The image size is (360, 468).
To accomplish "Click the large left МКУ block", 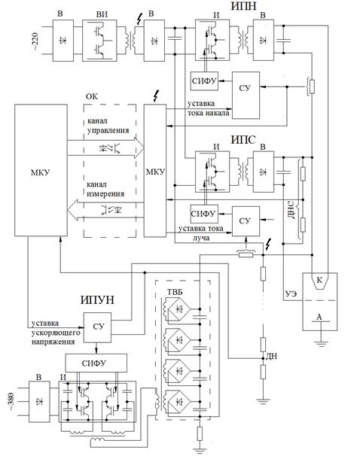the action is point(41,170).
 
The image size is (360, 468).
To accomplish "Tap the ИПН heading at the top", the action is point(243,6).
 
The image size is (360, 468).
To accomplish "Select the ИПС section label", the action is point(243,140).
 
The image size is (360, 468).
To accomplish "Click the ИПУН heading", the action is point(97,300).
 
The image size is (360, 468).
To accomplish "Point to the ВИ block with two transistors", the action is point(99,41).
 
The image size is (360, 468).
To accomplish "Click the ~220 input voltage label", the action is point(35,41).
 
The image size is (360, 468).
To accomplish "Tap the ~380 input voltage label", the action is point(12,402).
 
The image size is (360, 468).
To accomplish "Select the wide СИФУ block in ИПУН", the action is point(96,363).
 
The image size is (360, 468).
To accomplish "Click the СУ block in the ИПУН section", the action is point(97,327).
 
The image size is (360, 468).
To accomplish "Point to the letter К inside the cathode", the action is point(319,280).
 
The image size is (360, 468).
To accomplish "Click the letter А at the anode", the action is point(319,317).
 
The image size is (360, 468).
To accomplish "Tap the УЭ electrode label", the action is point(291,294).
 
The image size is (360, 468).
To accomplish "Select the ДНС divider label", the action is point(292,210).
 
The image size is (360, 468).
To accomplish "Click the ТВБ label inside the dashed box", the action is point(175,292).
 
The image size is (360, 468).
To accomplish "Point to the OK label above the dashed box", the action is point(92,97).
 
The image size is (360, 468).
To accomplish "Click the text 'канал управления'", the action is point(108,126).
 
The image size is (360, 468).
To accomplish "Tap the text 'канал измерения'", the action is point(105,189).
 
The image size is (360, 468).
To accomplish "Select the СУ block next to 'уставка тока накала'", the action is point(246,96).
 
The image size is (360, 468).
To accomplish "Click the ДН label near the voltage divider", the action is point(272,356).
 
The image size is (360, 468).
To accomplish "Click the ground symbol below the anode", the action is point(320,343).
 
